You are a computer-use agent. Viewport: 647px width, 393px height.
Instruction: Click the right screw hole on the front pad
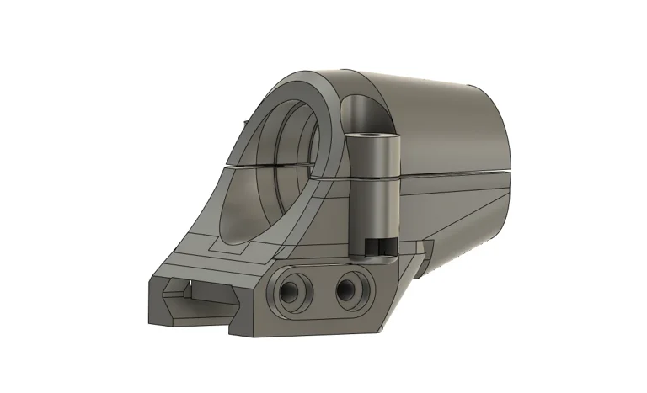tap(346, 290)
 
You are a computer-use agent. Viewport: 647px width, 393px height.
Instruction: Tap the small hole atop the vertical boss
tap(371, 135)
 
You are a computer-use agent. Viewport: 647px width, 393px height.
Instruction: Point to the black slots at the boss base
tap(378, 246)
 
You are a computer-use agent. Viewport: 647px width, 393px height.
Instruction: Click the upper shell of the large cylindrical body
tap(438, 118)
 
